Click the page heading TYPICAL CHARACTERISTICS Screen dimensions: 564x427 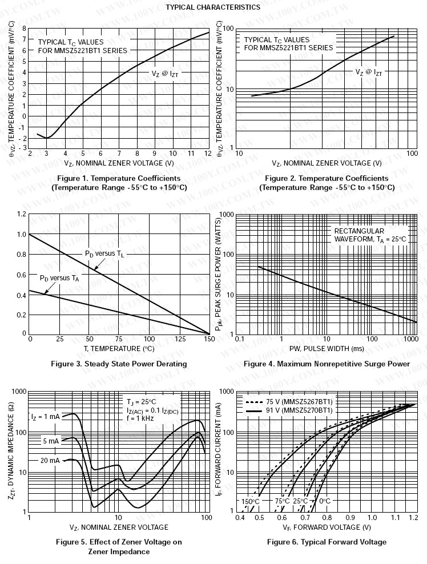(213, 7)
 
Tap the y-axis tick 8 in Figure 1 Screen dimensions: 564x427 (24, 28)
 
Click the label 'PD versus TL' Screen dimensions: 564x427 (104, 253)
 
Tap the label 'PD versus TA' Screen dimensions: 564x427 (59, 278)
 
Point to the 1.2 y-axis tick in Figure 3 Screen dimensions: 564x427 (22, 214)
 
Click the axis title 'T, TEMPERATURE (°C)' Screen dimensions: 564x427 (119, 348)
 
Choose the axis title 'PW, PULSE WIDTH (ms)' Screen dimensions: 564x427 (327, 348)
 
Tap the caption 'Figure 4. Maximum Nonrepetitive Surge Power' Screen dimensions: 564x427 (327, 364)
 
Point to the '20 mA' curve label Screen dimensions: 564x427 (50, 460)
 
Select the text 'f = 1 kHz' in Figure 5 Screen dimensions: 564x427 (142, 417)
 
